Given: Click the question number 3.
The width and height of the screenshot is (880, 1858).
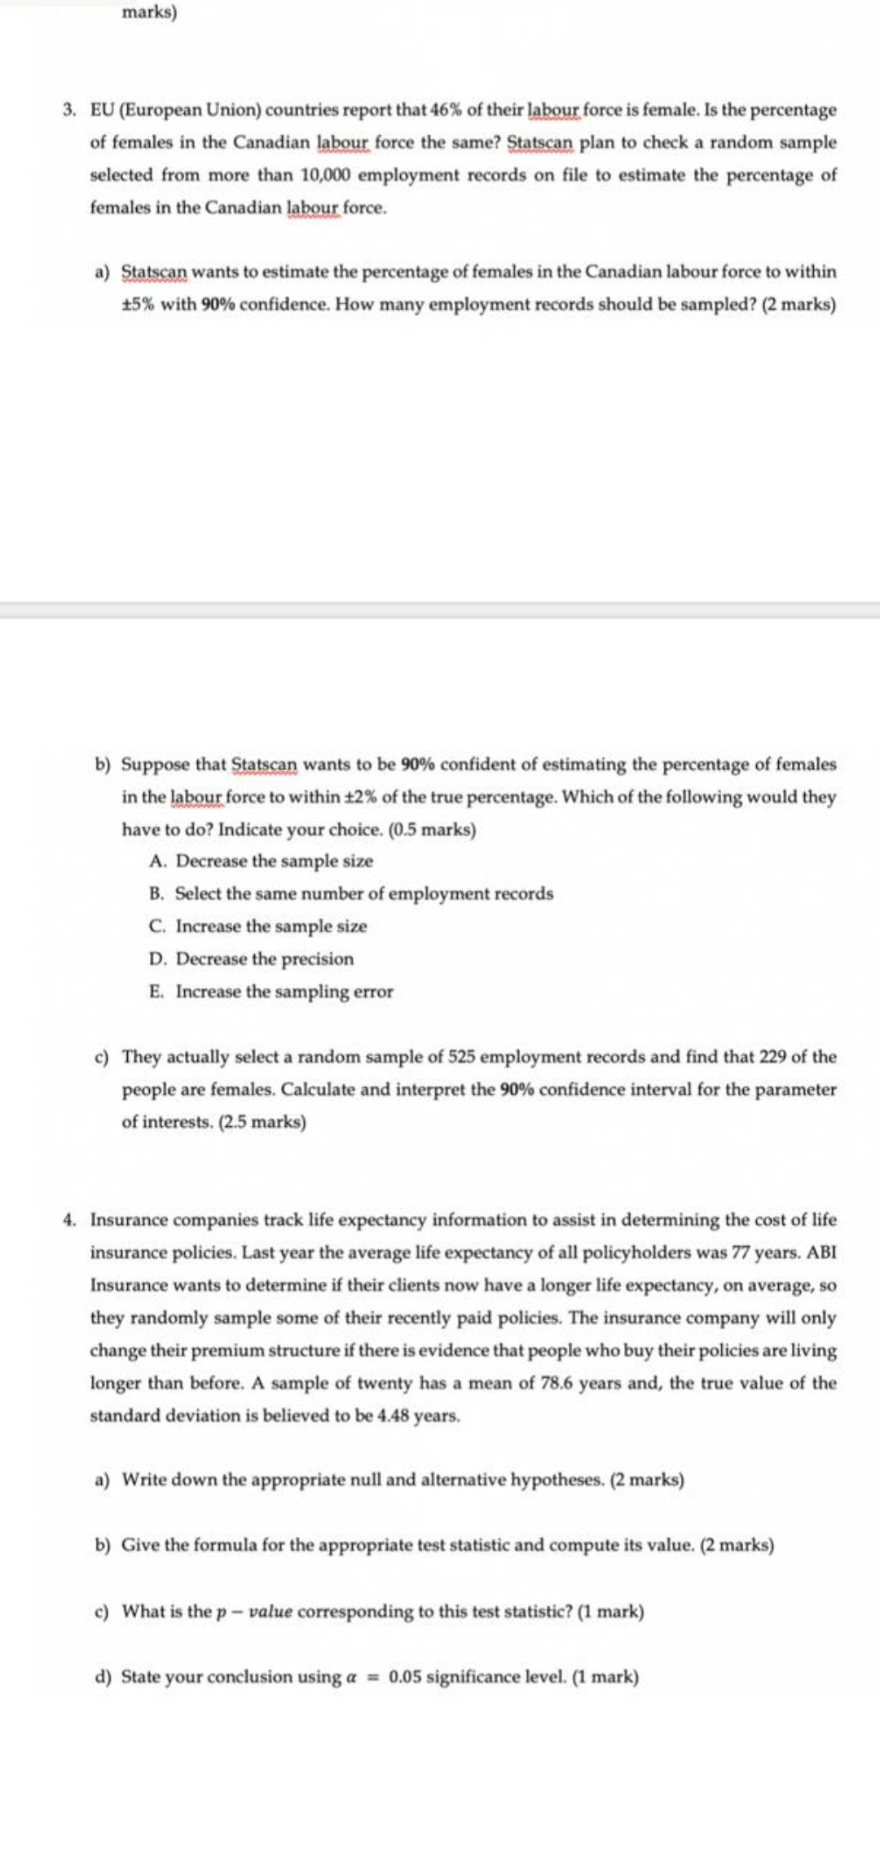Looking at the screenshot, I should pyautogui.click(x=71, y=109).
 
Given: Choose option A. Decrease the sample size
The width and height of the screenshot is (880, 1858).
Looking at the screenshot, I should pyautogui.click(x=261, y=861).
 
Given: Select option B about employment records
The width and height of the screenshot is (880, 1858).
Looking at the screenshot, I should pyautogui.click(x=351, y=893).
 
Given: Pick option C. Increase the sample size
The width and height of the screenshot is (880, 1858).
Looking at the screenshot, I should pyautogui.click(x=258, y=926).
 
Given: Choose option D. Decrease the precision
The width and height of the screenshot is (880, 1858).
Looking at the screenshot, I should pyautogui.click(x=252, y=958).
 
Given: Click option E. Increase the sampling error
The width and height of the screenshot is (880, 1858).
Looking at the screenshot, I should pyautogui.click(x=271, y=991).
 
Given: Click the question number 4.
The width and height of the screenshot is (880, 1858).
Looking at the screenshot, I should pyautogui.click(x=71, y=1220).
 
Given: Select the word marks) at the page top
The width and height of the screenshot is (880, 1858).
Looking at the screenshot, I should pyautogui.click(x=149, y=12).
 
